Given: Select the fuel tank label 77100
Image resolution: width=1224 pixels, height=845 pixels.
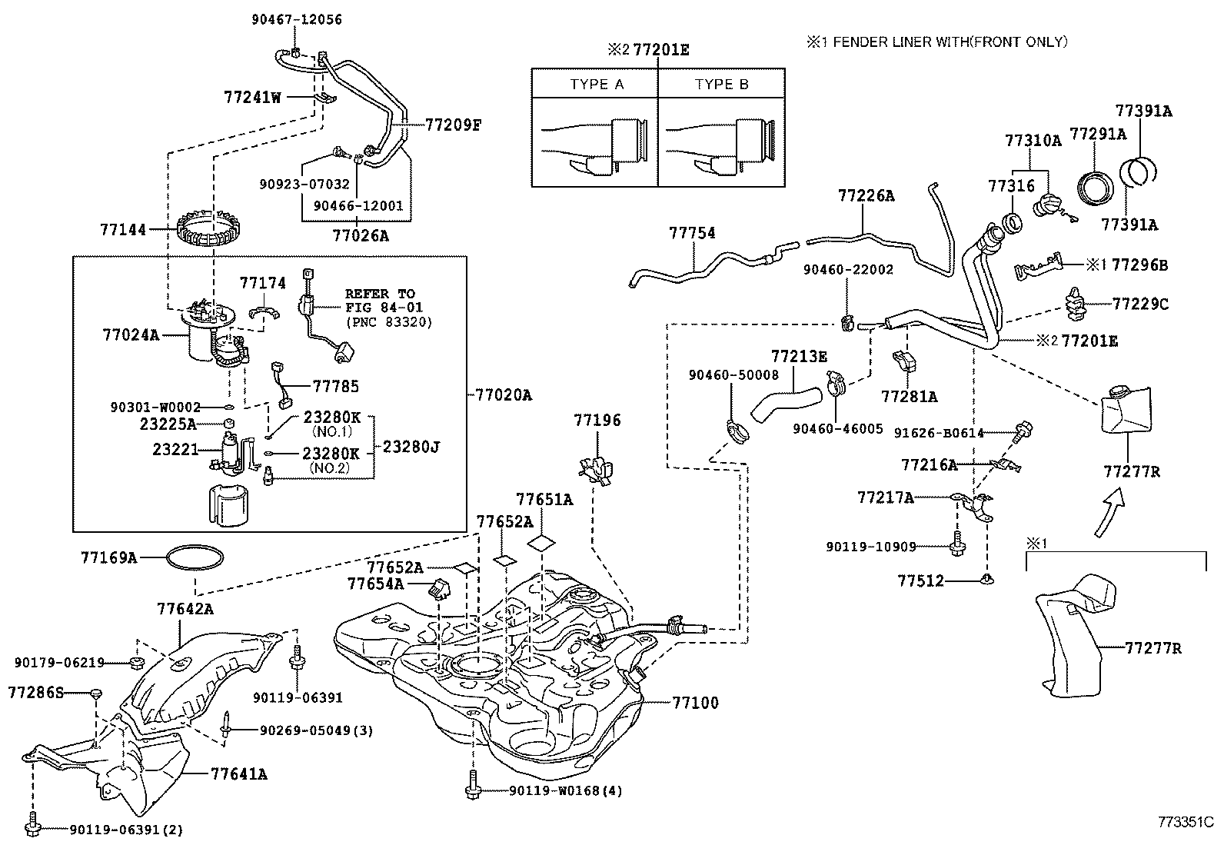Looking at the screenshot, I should [x=695, y=702].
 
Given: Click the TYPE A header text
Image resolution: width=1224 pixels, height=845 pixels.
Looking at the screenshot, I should [x=597, y=85].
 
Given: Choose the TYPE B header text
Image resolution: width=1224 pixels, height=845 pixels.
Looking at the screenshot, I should [x=721, y=85].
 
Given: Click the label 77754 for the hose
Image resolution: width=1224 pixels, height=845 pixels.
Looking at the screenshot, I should [x=692, y=233].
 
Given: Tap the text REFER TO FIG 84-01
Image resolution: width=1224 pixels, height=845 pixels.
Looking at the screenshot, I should [x=380, y=300].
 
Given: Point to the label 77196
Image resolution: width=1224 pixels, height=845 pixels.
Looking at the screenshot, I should [x=597, y=421].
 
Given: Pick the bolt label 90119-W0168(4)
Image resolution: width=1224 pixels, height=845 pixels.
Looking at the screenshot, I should [x=565, y=790].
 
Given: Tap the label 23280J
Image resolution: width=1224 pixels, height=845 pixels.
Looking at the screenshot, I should [x=411, y=446].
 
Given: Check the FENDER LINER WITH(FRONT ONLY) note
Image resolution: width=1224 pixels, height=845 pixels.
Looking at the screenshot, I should [x=936, y=43].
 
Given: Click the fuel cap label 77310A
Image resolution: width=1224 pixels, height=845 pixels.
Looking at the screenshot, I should [x=1033, y=141].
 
